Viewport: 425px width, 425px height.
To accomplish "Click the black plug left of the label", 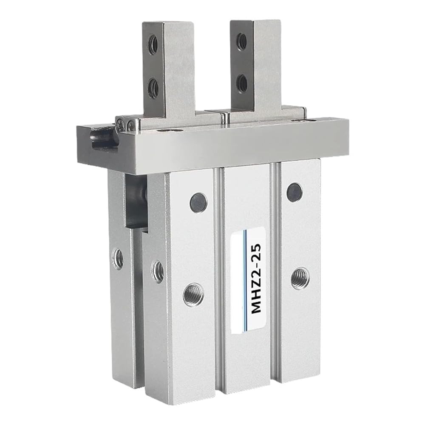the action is pos(198,202).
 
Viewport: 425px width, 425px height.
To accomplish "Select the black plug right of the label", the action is pos(295,192).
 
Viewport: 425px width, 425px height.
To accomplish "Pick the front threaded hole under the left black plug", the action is pos(193,294).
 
